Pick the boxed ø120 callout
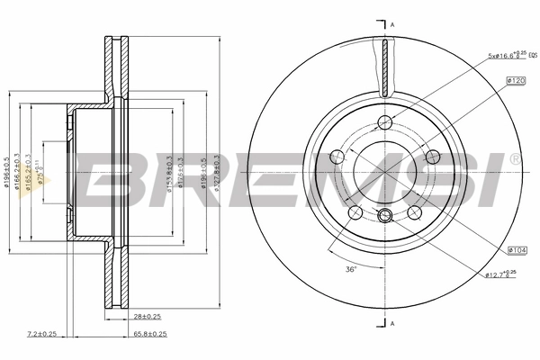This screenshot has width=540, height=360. pyautogui.click(x=516, y=81)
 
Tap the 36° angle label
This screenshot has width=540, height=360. pyautogui.click(x=350, y=270)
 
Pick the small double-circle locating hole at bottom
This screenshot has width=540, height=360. pyautogui.click(x=384, y=214)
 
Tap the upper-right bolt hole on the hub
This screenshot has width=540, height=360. pyautogui.click(x=431, y=154)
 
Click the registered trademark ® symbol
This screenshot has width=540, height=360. pyautogui.click(x=514, y=159)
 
